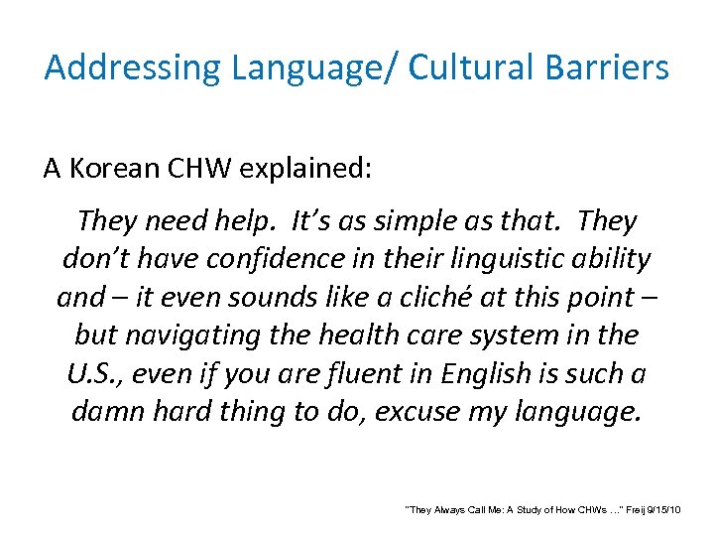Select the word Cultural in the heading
click(460, 67)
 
